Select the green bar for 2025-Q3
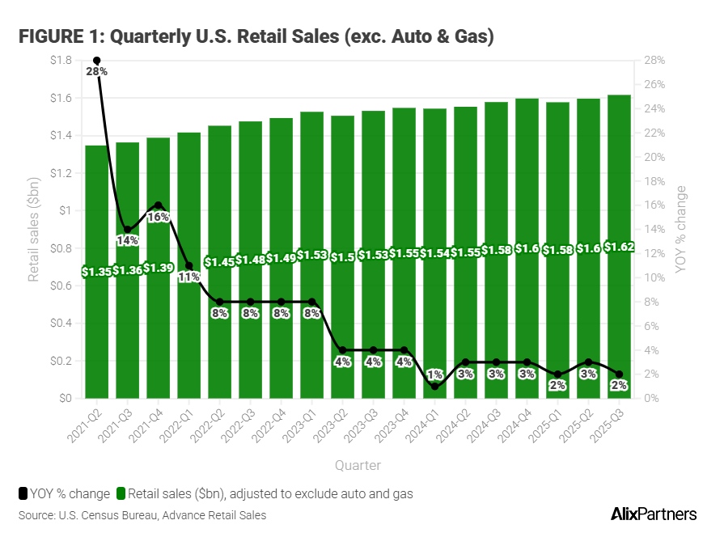pyautogui.click(x=619, y=324)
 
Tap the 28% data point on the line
pyautogui.click(x=97, y=61)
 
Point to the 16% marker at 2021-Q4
pyautogui.click(x=159, y=205)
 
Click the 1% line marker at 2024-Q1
pyautogui.click(x=434, y=387)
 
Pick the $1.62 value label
pyautogui.click(x=619, y=247)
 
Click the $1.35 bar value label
pyautogui.click(x=96, y=271)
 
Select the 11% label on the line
pyautogui.click(x=189, y=277)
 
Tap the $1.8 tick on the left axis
pyautogui.click(x=61, y=61)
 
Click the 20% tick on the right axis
pyautogui.click(x=654, y=157)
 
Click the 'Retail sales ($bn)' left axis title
pyautogui.click(x=34, y=230)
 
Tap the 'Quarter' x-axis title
pyautogui.click(x=358, y=465)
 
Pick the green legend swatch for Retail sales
pyautogui.click(x=121, y=493)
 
